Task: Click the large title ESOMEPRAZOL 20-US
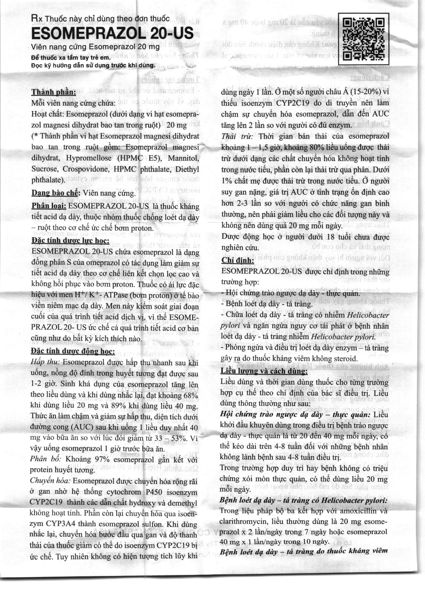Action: pos(112,33)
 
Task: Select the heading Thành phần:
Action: pos(54,92)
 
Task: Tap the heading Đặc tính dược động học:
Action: pos(72,351)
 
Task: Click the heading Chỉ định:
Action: pos(237,260)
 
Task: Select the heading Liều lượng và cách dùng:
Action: pos(264,371)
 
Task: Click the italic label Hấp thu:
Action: pos(45,362)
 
